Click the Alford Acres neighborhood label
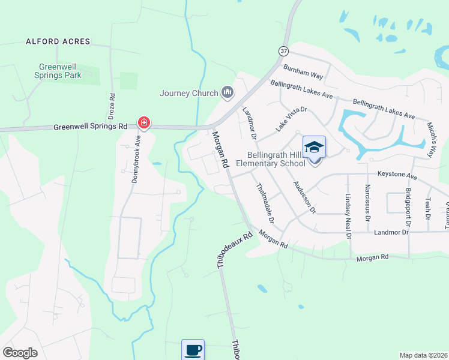[58, 41]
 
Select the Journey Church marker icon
[227, 92]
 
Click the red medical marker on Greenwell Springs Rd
[143, 124]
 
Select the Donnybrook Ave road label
[136, 163]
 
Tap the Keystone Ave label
[397, 175]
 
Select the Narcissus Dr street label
[367, 198]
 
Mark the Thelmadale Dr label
[266, 204]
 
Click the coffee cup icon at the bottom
[193, 350]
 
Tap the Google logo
[20, 352]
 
